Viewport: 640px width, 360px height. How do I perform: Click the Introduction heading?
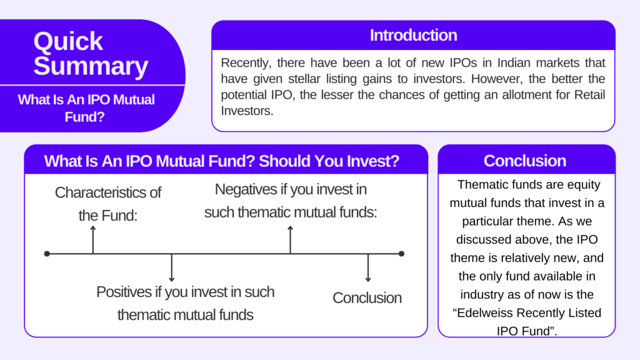click(413, 36)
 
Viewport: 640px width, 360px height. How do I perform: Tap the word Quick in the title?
click(68, 41)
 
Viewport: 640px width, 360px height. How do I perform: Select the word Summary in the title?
click(91, 66)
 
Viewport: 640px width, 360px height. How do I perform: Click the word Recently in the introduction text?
click(246, 63)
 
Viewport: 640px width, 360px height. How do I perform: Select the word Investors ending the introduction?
click(247, 111)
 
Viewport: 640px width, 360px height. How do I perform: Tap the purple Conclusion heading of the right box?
click(525, 161)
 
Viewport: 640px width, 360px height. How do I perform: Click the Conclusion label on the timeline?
click(367, 298)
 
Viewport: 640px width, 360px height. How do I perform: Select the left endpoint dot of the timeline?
click(47, 254)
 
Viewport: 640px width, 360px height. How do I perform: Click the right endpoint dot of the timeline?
click(401, 254)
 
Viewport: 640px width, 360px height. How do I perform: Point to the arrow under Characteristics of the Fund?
click(93, 239)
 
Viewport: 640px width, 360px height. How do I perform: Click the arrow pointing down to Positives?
click(172, 267)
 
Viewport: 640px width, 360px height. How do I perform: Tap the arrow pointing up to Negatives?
click(290, 239)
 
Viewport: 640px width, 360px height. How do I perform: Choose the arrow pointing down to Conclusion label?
click(368, 267)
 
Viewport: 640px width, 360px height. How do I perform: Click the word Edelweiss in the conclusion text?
click(484, 313)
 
